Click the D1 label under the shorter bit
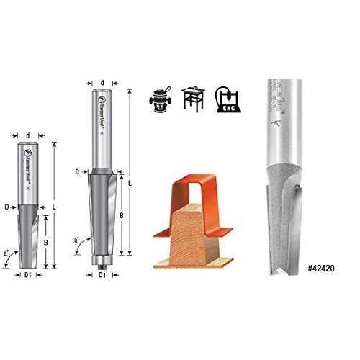(x=29, y=275)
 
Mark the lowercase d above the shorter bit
(x=27, y=134)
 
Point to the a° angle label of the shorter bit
(x=6, y=253)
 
